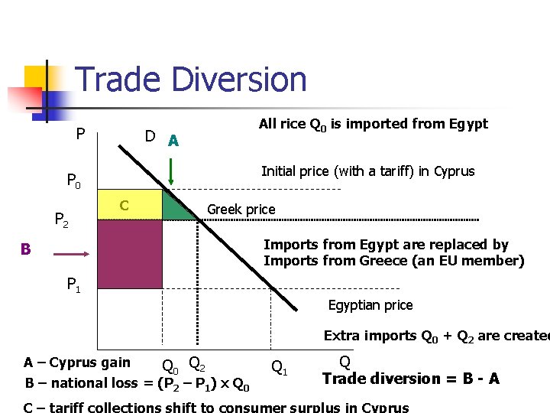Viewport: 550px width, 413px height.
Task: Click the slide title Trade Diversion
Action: point(191,80)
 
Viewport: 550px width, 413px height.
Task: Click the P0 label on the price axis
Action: point(74,182)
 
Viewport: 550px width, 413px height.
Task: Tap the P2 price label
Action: point(62,222)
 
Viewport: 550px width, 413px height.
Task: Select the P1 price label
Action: point(74,286)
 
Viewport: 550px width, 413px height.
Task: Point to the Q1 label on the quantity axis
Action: point(280,369)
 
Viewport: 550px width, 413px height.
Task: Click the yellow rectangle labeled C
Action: point(130,205)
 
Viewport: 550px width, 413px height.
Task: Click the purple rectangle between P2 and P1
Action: point(130,254)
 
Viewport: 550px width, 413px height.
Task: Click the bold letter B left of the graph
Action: point(26,249)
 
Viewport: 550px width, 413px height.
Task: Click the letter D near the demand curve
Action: point(150,137)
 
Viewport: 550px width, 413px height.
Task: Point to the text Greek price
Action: point(241,210)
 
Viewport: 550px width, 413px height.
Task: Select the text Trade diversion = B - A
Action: point(411,379)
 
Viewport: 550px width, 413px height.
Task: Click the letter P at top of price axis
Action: point(80,135)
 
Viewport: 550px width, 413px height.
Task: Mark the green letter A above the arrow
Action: point(173,141)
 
